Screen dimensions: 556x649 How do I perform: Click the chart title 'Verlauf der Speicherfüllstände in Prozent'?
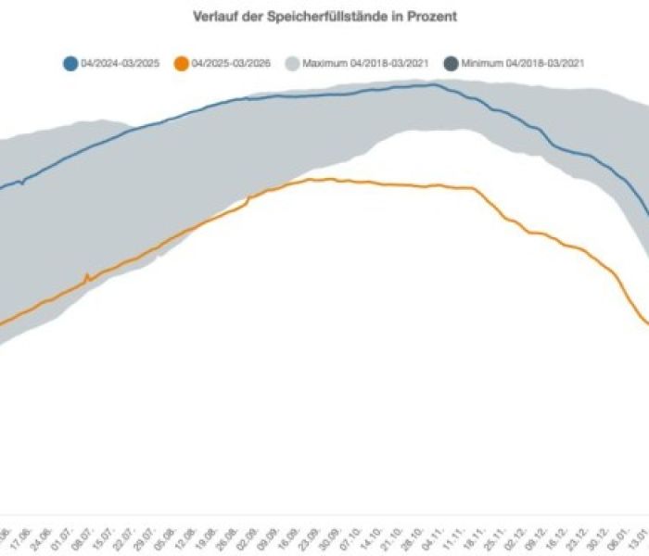click(x=324, y=17)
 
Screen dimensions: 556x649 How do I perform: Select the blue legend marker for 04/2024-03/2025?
click(x=70, y=64)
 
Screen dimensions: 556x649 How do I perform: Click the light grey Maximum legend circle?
click(x=292, y=64)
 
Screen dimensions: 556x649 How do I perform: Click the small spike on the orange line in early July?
click(x=87, y=275)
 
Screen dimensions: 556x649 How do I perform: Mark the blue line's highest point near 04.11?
click(x=431, y=84)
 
